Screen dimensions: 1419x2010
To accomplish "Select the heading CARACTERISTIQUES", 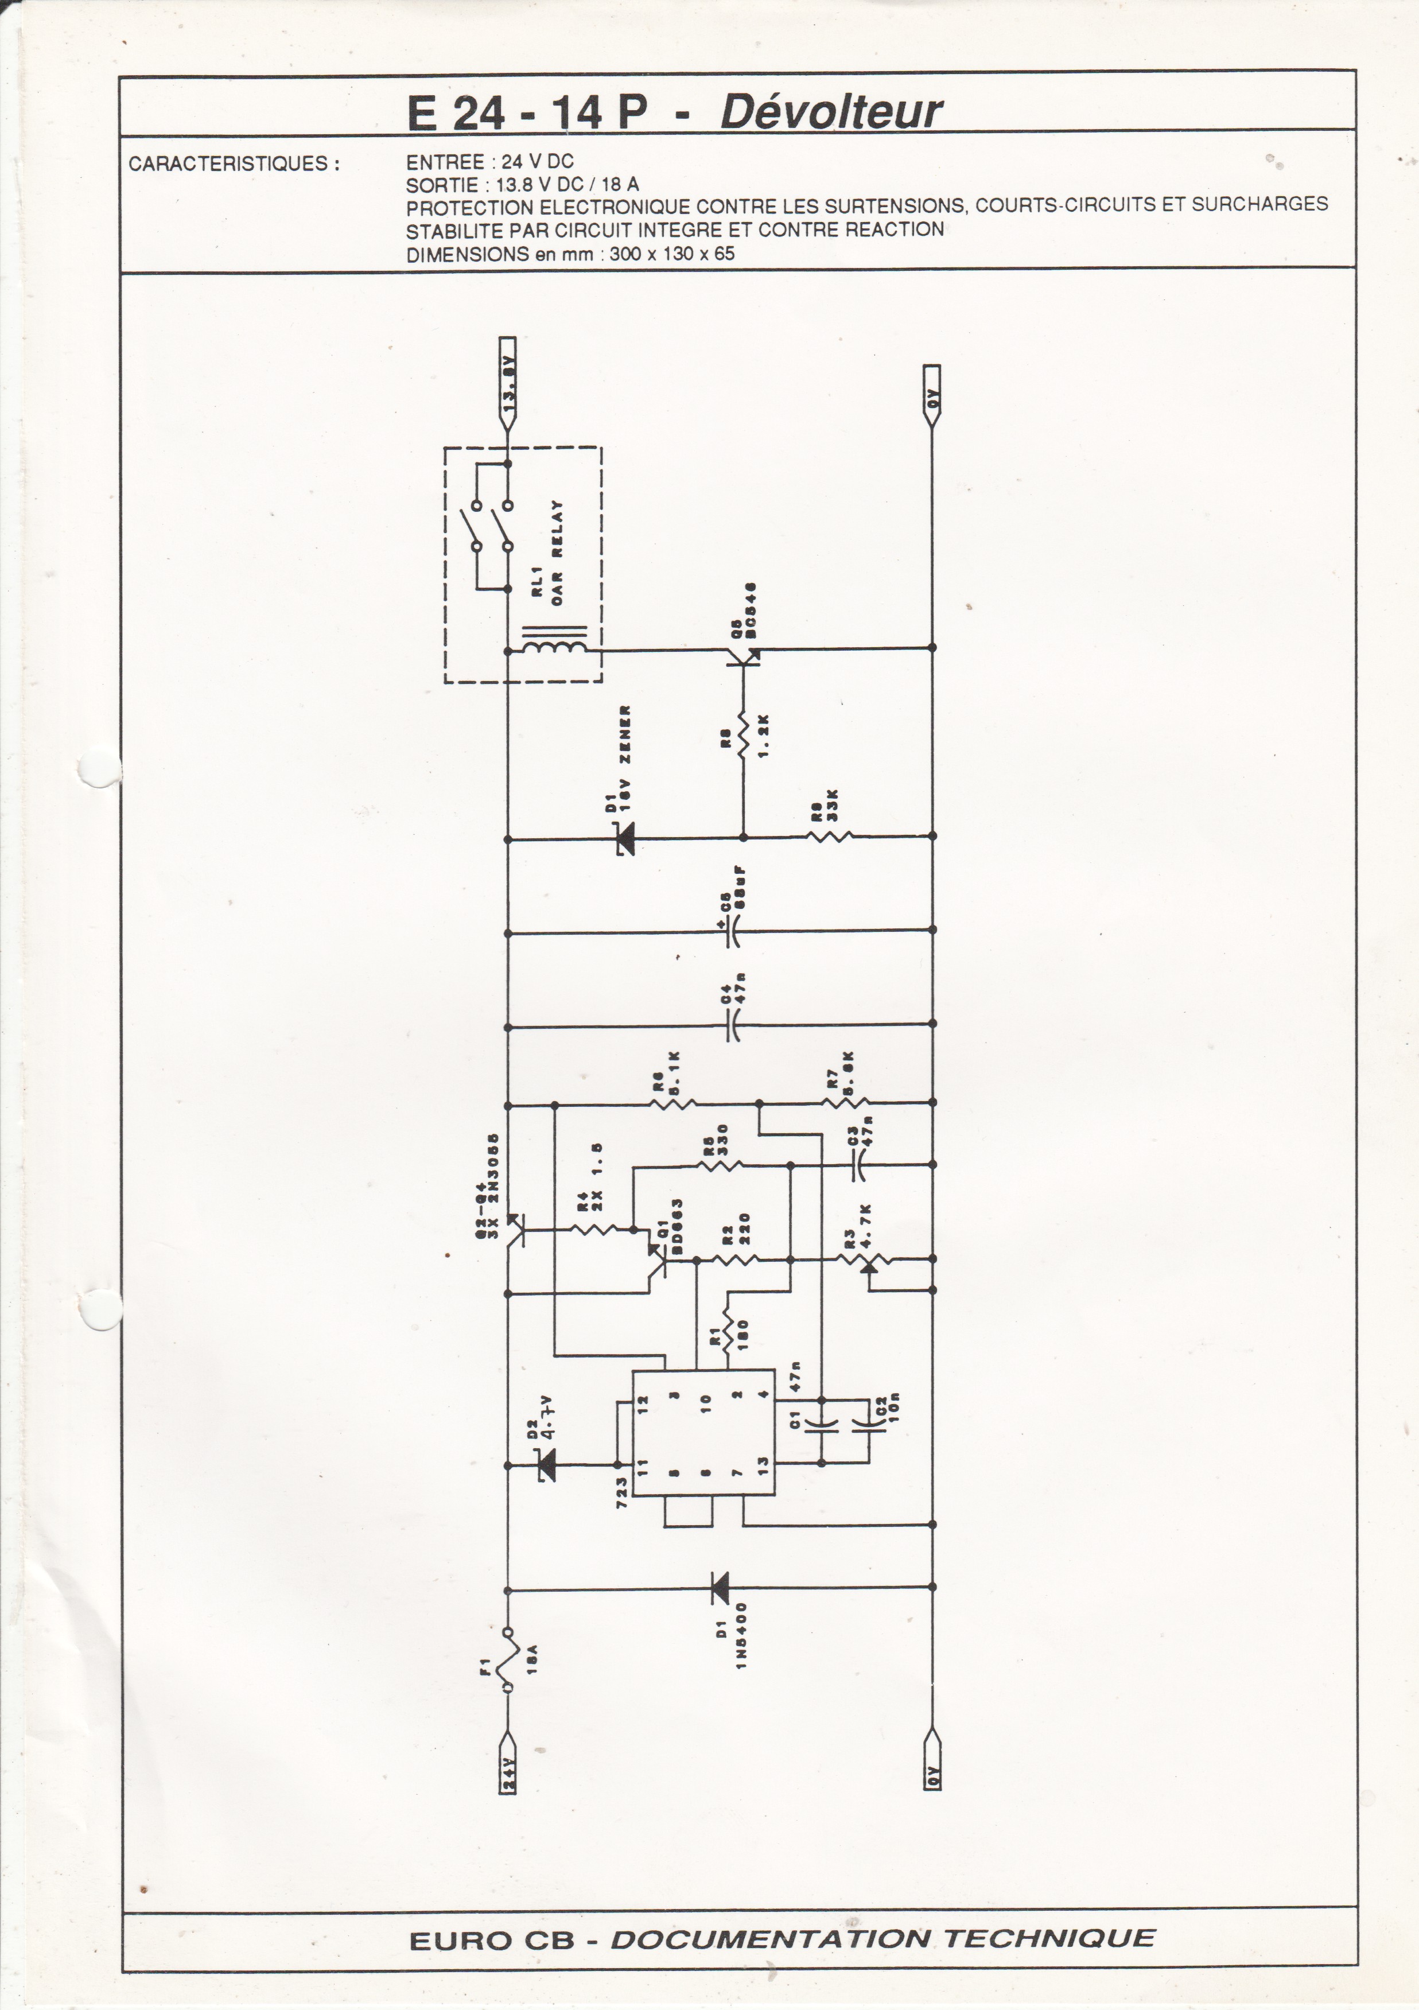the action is pos(234,164).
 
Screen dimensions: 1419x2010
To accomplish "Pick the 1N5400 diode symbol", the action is pos(720,1587).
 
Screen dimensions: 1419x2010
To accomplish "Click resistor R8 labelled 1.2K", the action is pos(742,733).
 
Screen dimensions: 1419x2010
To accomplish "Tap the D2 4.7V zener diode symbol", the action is pos(546,1463).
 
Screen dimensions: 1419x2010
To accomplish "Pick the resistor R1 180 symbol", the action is pos(728,1335).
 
